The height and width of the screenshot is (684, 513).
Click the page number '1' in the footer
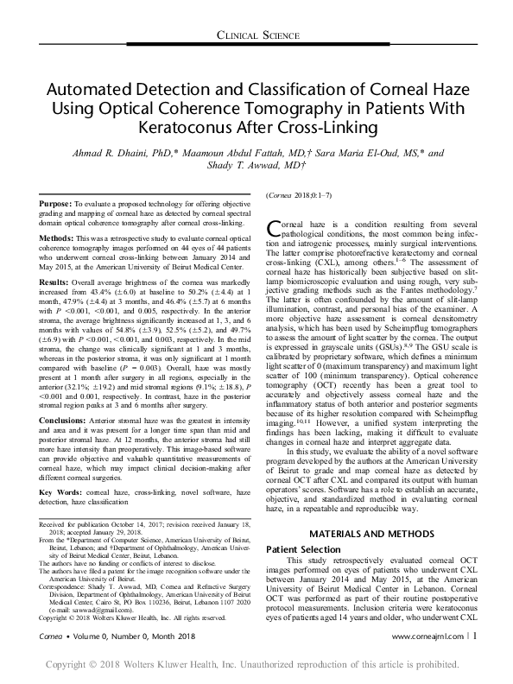click(473, 659)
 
